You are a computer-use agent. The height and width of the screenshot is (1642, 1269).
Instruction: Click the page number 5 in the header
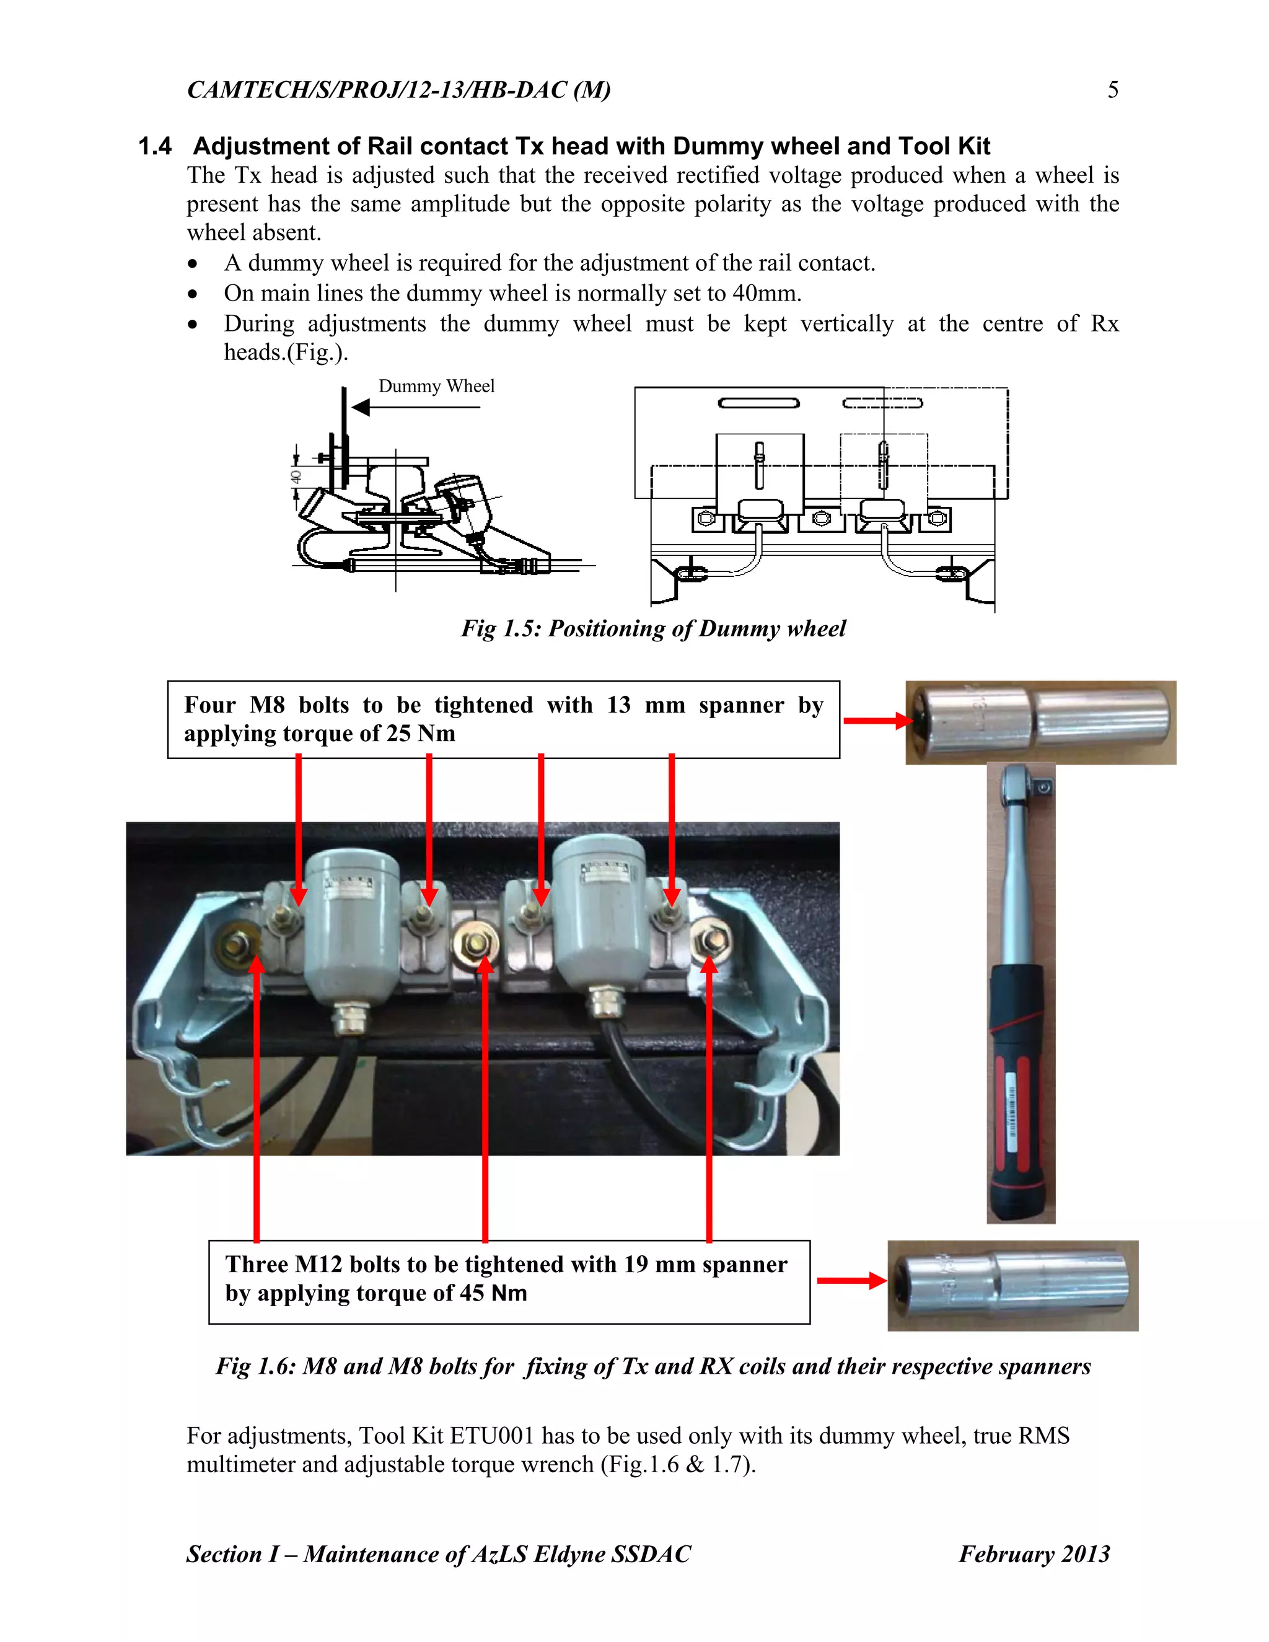(x=1113, y=90)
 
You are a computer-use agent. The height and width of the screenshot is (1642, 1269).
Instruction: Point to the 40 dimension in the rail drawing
(x=296, y=476)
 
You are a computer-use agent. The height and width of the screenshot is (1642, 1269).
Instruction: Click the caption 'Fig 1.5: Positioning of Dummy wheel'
(x=653, y=628)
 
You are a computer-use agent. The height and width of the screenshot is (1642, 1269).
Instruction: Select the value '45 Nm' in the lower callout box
(x=493, y=1293)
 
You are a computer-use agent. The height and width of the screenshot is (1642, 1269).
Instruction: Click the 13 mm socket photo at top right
(x=1040, y=722)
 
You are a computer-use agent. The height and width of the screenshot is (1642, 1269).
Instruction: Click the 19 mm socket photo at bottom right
(x=1013, y=1286)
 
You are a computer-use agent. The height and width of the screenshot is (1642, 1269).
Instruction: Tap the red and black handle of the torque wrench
(x=1021, y=1090)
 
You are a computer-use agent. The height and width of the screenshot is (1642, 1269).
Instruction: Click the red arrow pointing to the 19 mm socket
(x=851, y=1280)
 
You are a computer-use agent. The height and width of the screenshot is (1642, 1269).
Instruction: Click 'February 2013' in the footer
(x=1034, y=1554)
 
